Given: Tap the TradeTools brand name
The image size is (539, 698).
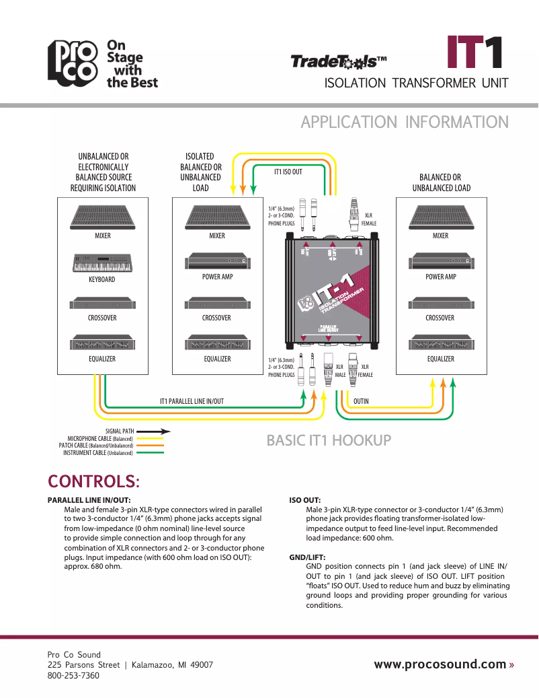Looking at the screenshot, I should tap(338, 62).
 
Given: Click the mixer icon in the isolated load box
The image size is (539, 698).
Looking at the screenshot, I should tap(217, 216).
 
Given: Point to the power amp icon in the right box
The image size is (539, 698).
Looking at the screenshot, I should tap(440, 260).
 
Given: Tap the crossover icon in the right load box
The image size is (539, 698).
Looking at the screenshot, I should tap(440, 304).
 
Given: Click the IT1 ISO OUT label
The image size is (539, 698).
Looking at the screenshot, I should tap(288, 172).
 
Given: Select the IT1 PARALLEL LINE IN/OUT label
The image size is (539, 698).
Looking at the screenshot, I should tap(192, 401).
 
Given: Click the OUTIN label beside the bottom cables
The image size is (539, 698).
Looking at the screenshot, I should tap(361, 401).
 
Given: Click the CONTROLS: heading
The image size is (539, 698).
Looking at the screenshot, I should tap(93, 482).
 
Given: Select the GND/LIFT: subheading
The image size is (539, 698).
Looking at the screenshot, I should tap(307, 558).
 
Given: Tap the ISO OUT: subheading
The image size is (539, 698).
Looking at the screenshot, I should tap(304, 501).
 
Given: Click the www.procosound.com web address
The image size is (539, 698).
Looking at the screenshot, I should tap(440, 664).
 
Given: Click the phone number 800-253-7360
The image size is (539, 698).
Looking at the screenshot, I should tap(73, 675).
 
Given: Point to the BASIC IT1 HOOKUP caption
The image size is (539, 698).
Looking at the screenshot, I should tap(329, 441).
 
